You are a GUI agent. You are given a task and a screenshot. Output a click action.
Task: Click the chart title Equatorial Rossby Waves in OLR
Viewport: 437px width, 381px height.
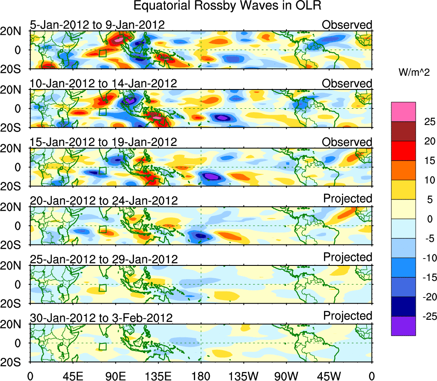coord(227,6)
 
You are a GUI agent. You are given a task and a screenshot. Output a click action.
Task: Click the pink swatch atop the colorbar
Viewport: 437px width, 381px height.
coord(403,112)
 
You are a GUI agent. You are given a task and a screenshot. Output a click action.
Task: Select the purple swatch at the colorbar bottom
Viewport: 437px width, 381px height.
coord(403,326)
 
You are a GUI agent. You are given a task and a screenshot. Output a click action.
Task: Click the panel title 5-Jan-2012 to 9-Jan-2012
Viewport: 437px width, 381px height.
coord(97,25)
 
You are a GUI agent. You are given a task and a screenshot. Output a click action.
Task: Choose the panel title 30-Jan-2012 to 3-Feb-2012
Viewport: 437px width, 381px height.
coord(101,318)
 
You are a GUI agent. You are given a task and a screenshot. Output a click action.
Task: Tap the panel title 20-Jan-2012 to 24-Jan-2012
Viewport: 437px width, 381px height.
coord(103,201)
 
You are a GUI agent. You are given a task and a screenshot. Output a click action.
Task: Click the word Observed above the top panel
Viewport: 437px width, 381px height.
coord(347,25)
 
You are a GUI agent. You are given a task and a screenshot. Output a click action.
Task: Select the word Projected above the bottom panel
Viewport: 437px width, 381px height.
coord(348,316)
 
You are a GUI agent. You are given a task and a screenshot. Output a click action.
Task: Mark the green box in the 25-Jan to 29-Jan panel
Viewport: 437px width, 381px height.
coord(102,288)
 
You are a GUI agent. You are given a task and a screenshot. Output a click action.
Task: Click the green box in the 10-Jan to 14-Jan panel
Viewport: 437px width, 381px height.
coord(102,112)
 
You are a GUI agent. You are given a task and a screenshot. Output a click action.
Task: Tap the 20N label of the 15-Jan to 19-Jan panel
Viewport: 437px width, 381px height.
coord(15,149)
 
